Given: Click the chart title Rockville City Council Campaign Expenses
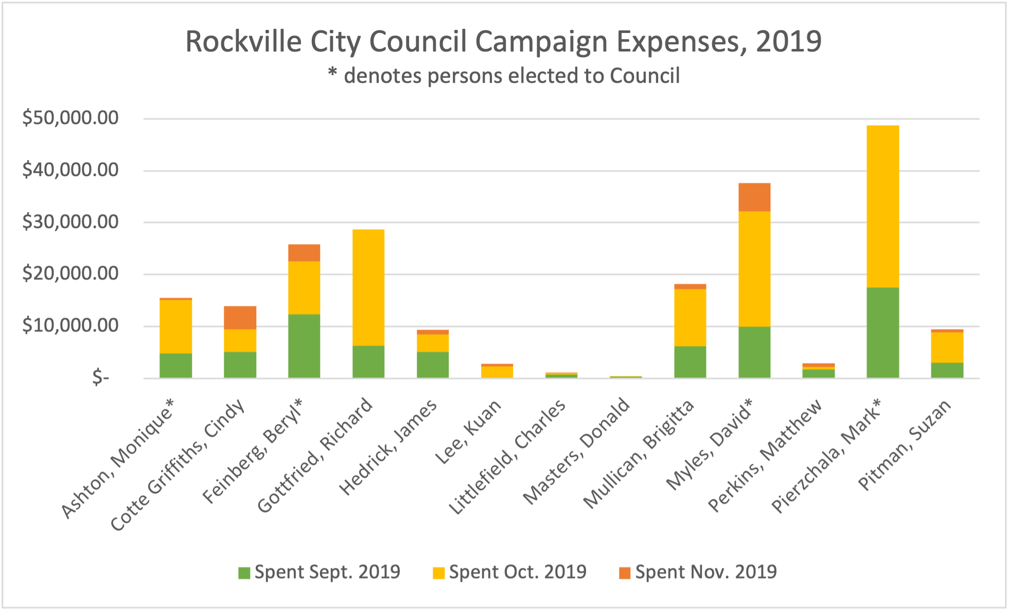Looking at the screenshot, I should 503,42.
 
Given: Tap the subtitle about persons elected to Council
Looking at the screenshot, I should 503,76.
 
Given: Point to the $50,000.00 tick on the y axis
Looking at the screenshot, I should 70,118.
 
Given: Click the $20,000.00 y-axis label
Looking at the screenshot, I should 70,274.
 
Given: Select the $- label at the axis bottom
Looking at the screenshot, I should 101,378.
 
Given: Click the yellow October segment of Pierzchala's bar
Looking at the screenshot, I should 882,206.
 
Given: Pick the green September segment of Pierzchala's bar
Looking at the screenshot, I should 882,333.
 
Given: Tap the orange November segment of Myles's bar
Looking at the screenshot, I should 754,197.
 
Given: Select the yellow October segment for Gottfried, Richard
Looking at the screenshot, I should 368,287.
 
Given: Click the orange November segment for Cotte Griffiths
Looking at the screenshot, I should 240,318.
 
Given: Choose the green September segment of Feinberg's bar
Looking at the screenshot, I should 304,346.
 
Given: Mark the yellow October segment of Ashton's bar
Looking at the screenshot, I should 175,326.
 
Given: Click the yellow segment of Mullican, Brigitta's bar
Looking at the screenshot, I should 690,318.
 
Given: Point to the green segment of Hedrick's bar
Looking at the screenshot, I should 433,365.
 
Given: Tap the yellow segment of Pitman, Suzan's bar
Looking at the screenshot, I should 947,347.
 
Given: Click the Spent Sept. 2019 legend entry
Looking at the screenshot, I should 319,572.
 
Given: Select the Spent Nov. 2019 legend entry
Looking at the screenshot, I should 698,572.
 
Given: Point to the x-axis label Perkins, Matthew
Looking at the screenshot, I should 765,456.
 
